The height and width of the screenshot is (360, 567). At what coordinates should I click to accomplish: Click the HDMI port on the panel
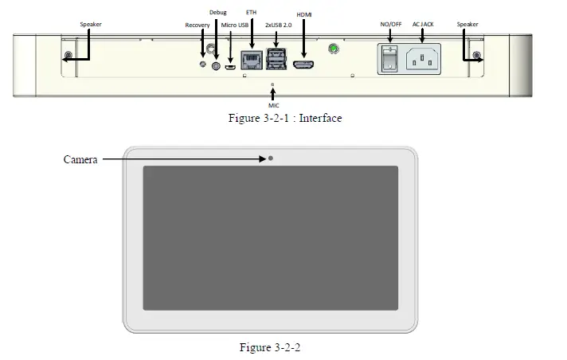(x=303, y=65)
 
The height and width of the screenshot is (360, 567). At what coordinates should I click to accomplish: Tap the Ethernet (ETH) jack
(x=251, y=61)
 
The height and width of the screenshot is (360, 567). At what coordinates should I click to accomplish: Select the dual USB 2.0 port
(x=276, y=58)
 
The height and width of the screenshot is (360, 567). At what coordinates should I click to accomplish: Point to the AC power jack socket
(x=424, y=58)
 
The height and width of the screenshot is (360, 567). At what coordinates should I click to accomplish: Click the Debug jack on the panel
(x=215, y=65)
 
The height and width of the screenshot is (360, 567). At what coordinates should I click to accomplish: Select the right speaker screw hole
(x=476, y=57)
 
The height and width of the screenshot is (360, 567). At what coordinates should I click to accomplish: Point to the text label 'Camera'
(x=80, y=159)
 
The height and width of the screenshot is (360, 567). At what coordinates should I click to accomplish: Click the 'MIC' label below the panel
(x=273, y=104)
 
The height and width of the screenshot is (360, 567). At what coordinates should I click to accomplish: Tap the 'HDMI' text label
(x=304, y=15)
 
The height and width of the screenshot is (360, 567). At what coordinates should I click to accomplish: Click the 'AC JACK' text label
(x=424, y=24)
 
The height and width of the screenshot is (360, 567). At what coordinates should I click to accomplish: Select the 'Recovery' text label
(x=197, y=25)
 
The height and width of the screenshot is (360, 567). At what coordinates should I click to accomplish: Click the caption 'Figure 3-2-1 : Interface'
(x=283, y=119)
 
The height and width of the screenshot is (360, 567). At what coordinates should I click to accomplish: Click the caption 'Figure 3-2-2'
(x=271, y=347)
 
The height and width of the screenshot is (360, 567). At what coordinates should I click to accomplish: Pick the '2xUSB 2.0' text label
(x=279, y=25)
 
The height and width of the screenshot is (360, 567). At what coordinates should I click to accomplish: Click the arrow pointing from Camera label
(x=183, y=159)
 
